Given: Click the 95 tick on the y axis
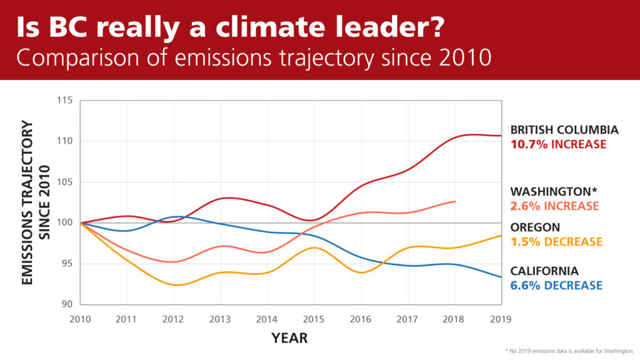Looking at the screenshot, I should [66, 264].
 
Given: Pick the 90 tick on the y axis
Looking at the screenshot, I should [66, 304].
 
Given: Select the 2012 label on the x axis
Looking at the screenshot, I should [173, 319].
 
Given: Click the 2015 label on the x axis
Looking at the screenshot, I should [314, 319].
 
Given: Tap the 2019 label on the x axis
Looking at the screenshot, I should [501, 319].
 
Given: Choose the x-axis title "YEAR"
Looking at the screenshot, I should [289, 338].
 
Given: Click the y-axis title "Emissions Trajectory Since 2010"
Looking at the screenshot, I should [36, 203].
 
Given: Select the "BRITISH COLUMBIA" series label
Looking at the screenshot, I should [564, 130].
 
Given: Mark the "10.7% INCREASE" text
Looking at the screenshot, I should [558, 144].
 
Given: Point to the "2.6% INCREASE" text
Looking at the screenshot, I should [554, 206].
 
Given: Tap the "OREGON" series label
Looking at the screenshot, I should [535, 227].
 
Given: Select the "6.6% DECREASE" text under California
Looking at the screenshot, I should [556, 286].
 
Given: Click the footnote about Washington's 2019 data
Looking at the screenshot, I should [569, 350].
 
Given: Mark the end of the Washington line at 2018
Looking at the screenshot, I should [455, 201].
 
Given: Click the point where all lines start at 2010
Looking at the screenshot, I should [81, 222].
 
